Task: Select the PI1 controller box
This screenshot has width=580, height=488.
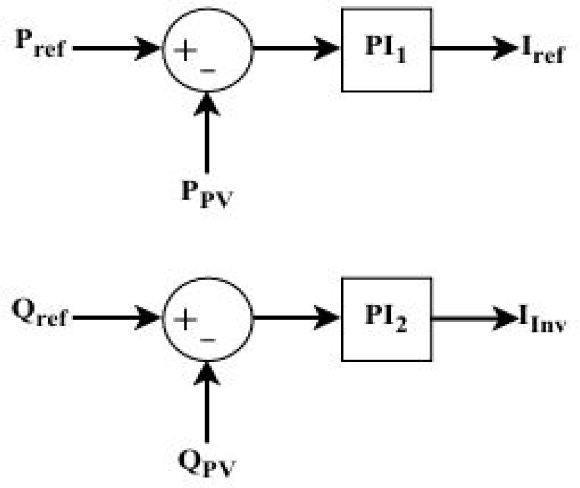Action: [x=386, y=50]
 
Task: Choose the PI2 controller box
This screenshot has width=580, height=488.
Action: [x=386, y=319]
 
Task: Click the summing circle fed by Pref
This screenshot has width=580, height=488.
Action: [x=207, y=50]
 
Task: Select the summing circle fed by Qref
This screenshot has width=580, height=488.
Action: [x=207, y=319]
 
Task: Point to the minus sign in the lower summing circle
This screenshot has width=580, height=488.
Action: [x=207, y=340]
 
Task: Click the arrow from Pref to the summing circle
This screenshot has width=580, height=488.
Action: [x=116, y=49]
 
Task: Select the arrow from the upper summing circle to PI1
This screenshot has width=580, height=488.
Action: [x=296, y=48]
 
